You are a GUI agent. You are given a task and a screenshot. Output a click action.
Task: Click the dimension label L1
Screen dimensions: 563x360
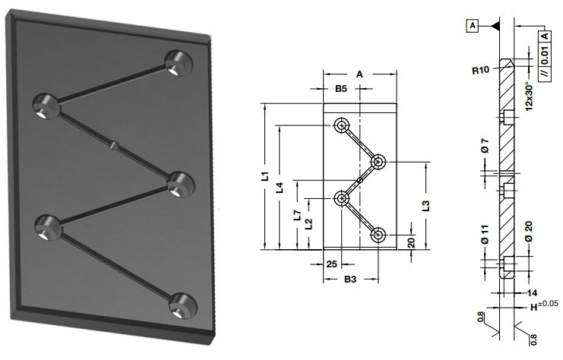pos(265,176)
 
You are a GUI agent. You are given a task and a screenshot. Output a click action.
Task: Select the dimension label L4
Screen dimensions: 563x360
pos(280,188)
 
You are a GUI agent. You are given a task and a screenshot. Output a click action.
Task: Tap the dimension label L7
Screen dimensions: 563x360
pos(297,215)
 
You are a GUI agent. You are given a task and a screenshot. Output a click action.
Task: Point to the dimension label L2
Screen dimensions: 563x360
pos(308,224)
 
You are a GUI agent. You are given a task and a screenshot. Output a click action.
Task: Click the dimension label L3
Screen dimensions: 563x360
pos(425,206)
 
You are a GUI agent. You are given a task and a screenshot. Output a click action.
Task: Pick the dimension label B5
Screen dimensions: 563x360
pos(341,89)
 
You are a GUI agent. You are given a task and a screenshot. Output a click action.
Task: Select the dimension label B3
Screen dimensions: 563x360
pos(350,279)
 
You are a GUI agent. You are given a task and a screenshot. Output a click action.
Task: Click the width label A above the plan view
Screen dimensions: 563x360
pos(359,74)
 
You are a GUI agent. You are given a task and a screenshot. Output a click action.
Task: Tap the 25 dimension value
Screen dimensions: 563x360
pos(332,264)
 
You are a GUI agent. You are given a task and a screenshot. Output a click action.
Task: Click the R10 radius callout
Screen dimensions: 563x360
pos(480,70)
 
